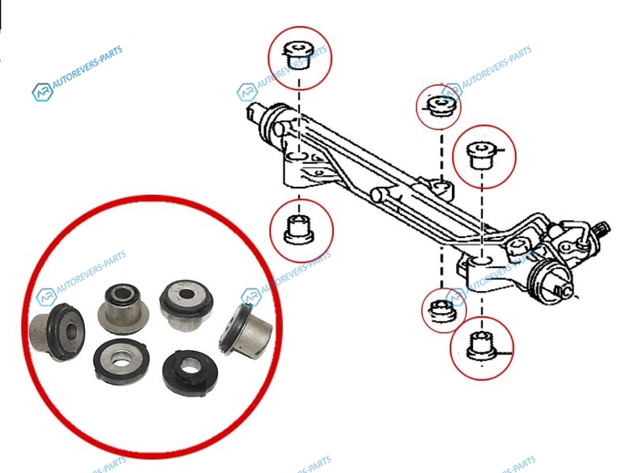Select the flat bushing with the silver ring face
pyautogui.click(x=120, y=362)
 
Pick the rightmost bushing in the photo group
pyautogui.click(x=246, y=330)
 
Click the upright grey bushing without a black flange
pyautogui.click(x=123, y=308)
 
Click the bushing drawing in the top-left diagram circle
pyautogui.click(x=298, y=55)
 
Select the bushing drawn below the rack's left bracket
pyautogui.click(x=299, y=229)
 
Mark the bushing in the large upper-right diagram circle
pyautogui.click(x=483, y=155)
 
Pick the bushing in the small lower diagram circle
pyautogui.click(x=442, y=311)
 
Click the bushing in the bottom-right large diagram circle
pyautogui.click(x=482, y=346)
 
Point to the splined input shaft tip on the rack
pyautogui.click(x=603, y=229)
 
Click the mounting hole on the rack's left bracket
pyautogui.click(x=298, y=156)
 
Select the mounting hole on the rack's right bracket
pyautogui.click(x=481, y=262)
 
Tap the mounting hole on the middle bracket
pyautogui.click(x=442, y=186)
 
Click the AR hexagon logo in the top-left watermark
pyautogui.click(x=43, y=91)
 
